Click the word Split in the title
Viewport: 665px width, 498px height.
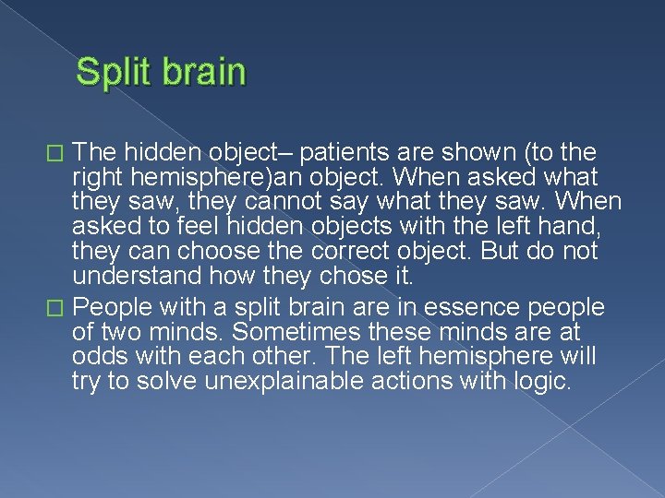(113, 72)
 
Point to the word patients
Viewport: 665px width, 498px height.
(346, 151)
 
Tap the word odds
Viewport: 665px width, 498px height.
(98, 357)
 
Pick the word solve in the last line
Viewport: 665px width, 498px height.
(165, 382)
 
